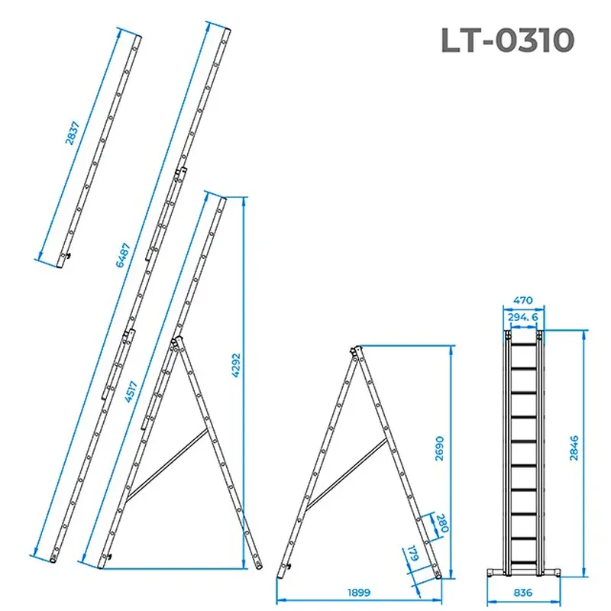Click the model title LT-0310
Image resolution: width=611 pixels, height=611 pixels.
pos(507,40)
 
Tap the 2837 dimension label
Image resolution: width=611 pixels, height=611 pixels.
pos(72,133)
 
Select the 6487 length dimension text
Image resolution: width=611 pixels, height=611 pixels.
pos(123,255)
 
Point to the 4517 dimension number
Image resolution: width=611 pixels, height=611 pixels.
pos(131,391)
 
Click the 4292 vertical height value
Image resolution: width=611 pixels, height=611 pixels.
pos(236,365)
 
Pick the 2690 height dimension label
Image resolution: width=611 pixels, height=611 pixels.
pos(439,448)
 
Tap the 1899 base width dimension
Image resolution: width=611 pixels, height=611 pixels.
pos(359,593)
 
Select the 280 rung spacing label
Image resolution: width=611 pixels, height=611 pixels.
pos(443,523)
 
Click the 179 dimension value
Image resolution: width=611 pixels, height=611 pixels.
pos(413,553)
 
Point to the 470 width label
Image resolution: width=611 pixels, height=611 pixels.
pos(522,300)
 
